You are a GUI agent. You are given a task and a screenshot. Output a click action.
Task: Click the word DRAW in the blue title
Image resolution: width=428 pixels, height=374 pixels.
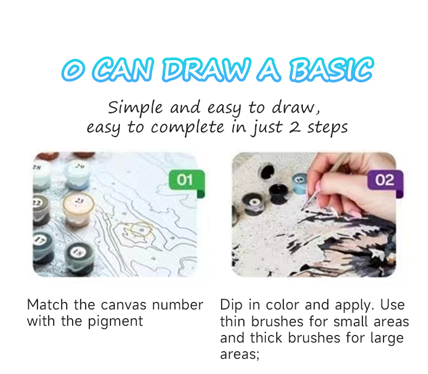pyautogui.click(x=206, y=70)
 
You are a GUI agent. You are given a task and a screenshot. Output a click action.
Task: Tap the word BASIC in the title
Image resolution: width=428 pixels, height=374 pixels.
pyautogui.click(x=331, y=69)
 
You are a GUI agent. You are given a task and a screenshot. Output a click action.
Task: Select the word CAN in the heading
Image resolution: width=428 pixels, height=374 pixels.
pyautogui.click(x=122, y=70)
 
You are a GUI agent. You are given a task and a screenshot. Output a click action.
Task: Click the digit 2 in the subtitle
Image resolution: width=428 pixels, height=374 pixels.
pyautogui.click(x=295, y=127)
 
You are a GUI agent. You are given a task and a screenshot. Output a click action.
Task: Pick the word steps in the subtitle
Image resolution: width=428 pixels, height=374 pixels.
pyautogui.click(x=328, y=128)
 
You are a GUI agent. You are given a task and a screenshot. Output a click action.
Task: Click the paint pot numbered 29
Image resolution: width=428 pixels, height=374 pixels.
pyautogui.click(x=78, y=174)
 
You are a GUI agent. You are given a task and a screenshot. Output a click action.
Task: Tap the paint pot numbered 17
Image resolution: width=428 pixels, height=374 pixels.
pyautogui.click(x=42, y=247)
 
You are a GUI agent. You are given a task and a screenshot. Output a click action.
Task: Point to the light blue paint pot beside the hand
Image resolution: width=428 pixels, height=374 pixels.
pyautogui.click(x=300, y=183)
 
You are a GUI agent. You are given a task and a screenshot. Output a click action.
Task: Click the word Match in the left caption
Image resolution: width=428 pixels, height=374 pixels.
pyautogui.click(x=48, y=305)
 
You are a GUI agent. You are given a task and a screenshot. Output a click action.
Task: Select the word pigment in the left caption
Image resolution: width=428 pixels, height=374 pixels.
pyautogui.click(x=115, y=322)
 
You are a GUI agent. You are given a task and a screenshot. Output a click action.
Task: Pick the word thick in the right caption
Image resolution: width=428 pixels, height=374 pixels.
pyautogui.click(x=266, y=338)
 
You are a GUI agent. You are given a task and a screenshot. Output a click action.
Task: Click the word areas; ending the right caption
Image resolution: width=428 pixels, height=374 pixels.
pyautogui.click(x=239, y=355)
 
